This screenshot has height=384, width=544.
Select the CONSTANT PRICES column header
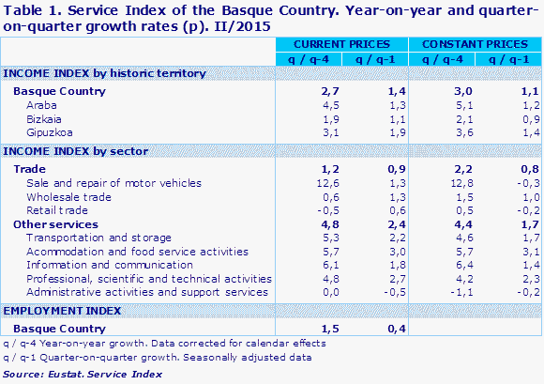pyautogui.click(x=475, y=44)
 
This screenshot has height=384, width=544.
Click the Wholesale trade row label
pyautogui.click(x=69, y=197)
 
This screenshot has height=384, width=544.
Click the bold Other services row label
pyautogui.click(x=55, y=224)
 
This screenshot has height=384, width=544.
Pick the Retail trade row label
pyautogui.click(x=59, y=210)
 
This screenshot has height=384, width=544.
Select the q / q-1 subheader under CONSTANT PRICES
pyautogui.click(x=507, y=59)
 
